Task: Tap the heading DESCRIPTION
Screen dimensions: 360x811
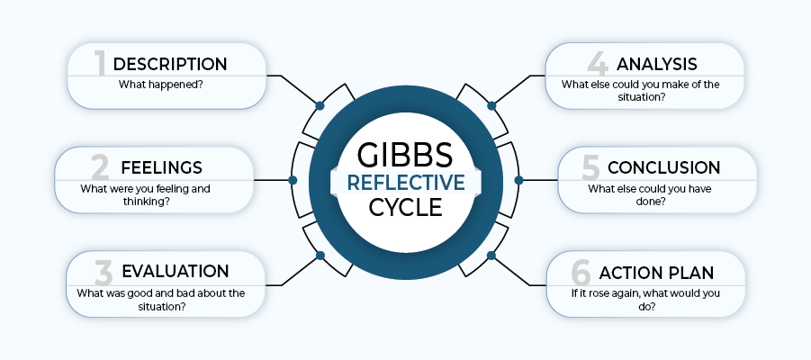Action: [x=169, y=64]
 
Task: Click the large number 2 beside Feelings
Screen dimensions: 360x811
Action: [x=99, y=167]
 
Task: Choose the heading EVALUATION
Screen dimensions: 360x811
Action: [x=175, y=271]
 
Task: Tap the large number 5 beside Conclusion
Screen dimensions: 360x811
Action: [x=590, y=167]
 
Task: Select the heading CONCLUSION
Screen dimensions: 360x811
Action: [x=663, y=167]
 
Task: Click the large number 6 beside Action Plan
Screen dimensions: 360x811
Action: [x=581, y=271]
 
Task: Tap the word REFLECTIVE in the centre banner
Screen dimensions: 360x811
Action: [x=405, y=181]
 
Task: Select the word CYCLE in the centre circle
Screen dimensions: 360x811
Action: [x=405, y=208]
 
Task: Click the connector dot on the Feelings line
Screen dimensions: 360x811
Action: [x=293, y=180]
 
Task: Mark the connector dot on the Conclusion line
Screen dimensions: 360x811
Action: [x=518, y=180]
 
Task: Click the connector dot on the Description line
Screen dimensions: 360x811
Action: [x=320, y=105]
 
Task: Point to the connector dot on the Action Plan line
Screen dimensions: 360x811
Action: [x=491, y=256]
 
